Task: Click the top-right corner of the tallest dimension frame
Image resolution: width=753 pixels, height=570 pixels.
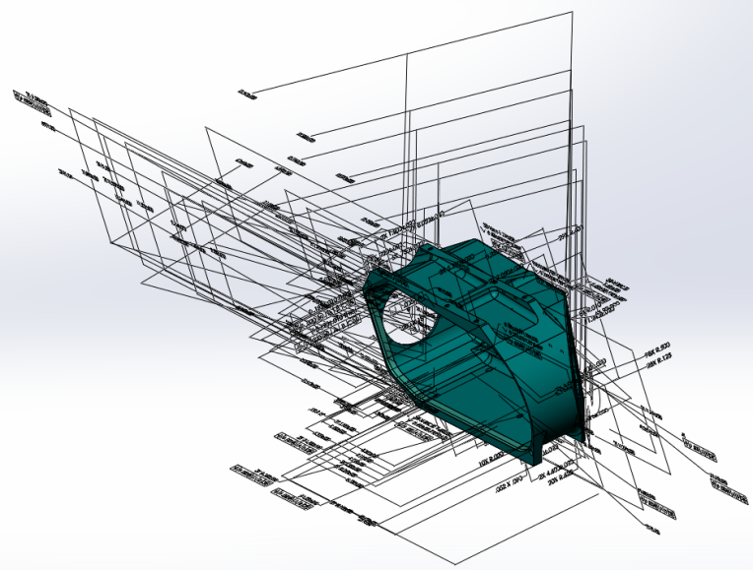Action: pyautogui.click(x=573, y=12)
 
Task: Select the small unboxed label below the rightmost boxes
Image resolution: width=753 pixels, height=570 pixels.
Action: pyautogui.click(x=651, y=530)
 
